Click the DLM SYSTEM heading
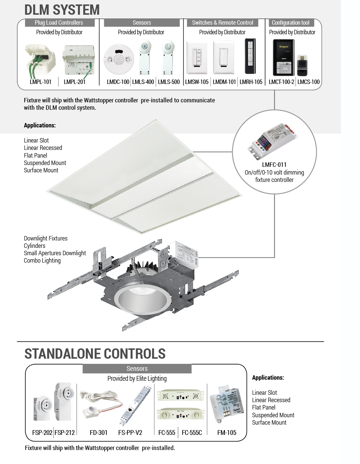point(62,10)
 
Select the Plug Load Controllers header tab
point(59,23)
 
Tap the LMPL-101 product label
point(40,82)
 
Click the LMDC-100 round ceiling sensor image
point(117,59)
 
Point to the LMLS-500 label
point(169,82)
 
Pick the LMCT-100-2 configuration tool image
point(282,57)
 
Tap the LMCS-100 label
point(308,82)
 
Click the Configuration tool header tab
point(290,23)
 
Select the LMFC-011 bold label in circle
point(274,165)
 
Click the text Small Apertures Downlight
point(55,253)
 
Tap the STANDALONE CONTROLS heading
point(95,354)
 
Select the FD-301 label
point(99,432)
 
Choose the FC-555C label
point(192,432)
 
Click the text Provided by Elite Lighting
point(137,379)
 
